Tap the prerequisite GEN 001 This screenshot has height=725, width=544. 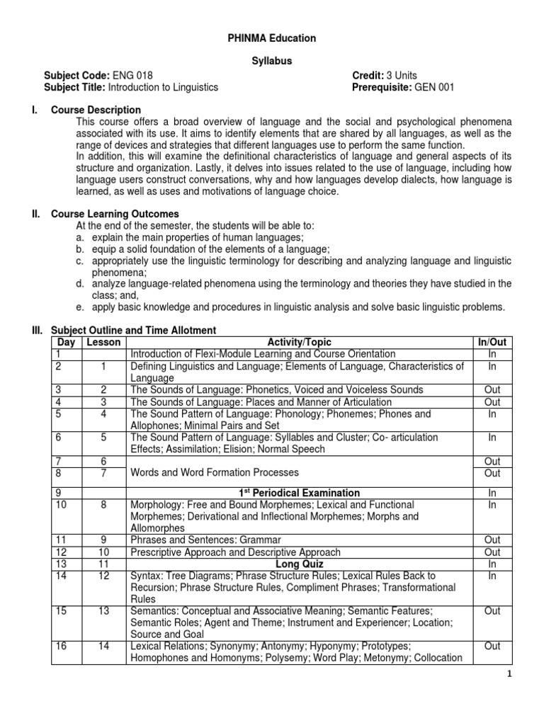coord(434,87)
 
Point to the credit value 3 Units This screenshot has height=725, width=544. coord(401,75)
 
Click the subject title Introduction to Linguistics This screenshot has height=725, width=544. coord(163,87)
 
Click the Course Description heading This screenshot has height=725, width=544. coord(96,110)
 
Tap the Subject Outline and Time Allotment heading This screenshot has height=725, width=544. coord(133,331)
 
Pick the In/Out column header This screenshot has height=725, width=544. coord(492,342)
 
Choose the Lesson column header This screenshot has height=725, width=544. coord(104,342)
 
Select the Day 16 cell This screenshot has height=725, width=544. coord(66,646)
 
